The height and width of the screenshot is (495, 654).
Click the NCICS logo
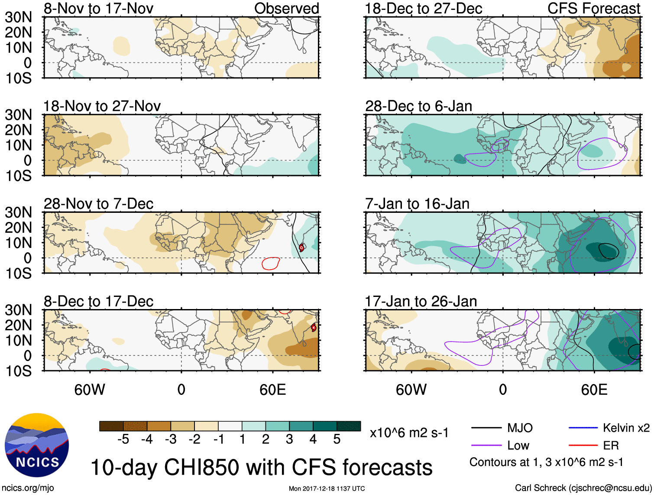coord(36,445)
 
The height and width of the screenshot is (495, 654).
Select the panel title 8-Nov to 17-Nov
coord(98,9)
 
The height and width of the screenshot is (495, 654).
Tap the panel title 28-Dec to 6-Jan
coord(418,106)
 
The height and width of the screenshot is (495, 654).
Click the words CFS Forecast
coord(593,9)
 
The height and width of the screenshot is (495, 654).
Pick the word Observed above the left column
coord(286,9)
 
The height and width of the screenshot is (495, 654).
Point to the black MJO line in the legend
coord(486,428)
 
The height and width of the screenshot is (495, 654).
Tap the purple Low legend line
coord(486,445)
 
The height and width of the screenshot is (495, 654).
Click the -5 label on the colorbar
coord(123,440)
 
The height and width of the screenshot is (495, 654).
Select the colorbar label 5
coord(337,440)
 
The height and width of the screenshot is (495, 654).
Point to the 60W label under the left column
coord(90,390)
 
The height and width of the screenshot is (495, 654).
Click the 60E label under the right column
coord(594,390)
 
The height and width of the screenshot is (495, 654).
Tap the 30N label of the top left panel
coord(19,17)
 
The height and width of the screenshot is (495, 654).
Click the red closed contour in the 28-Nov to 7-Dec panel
coord(271,263)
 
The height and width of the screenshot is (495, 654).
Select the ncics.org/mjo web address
coord(28,488)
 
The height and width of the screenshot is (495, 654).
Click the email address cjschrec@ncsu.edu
coord(610,488)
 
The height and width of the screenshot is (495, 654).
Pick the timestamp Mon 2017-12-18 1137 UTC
coord(327,488)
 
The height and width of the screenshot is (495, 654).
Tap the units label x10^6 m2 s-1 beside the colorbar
coord(409,433)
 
